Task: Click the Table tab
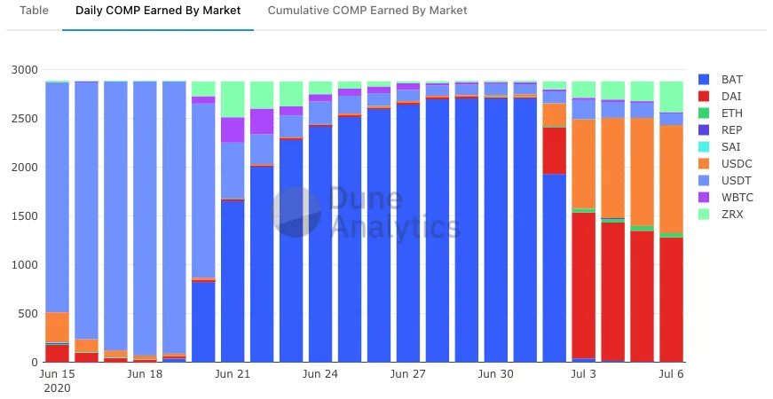click(x=35, y=11)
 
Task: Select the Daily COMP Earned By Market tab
click(x=158, y=11)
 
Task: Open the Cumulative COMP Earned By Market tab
click(x=367, y=11)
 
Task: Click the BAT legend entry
click(x=731, y=79)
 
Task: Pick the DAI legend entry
click(x=731, y=96)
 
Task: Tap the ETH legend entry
click(x=731, y=113)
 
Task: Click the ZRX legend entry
click(x=731, y=215)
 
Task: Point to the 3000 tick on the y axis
click(x=25, y=70)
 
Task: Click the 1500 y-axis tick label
click(x=25, y=216)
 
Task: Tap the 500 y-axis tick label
click(x=28, y=314)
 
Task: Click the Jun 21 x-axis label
click(x=232, y=374)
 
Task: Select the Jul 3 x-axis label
click(x=583, y=374)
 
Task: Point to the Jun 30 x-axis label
click(x=495, y=374)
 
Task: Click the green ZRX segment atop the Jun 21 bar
click(x=233, y=98)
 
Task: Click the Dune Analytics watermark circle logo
click(x=296, y=212)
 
